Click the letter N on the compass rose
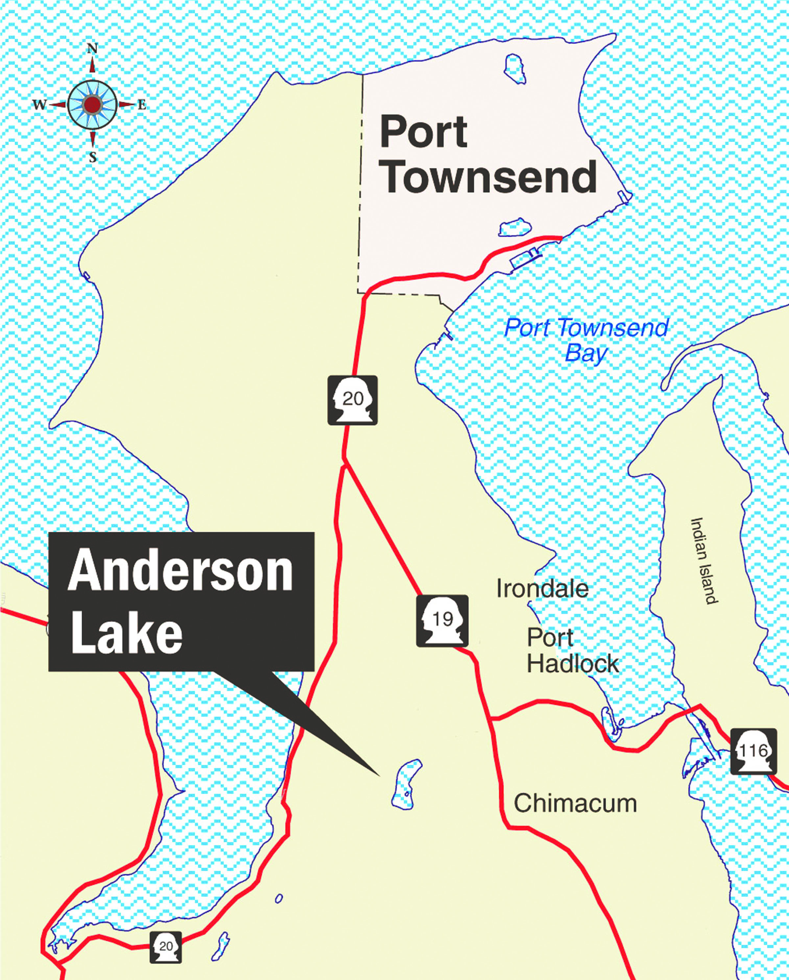point(92,49)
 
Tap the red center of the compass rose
point(92,104)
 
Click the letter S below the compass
point(93,157)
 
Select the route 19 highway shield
point(442,621)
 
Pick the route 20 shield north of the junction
point(352,400)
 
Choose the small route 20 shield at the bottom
point(166,947)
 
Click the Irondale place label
point(542,589)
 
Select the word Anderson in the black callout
point(180,570)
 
